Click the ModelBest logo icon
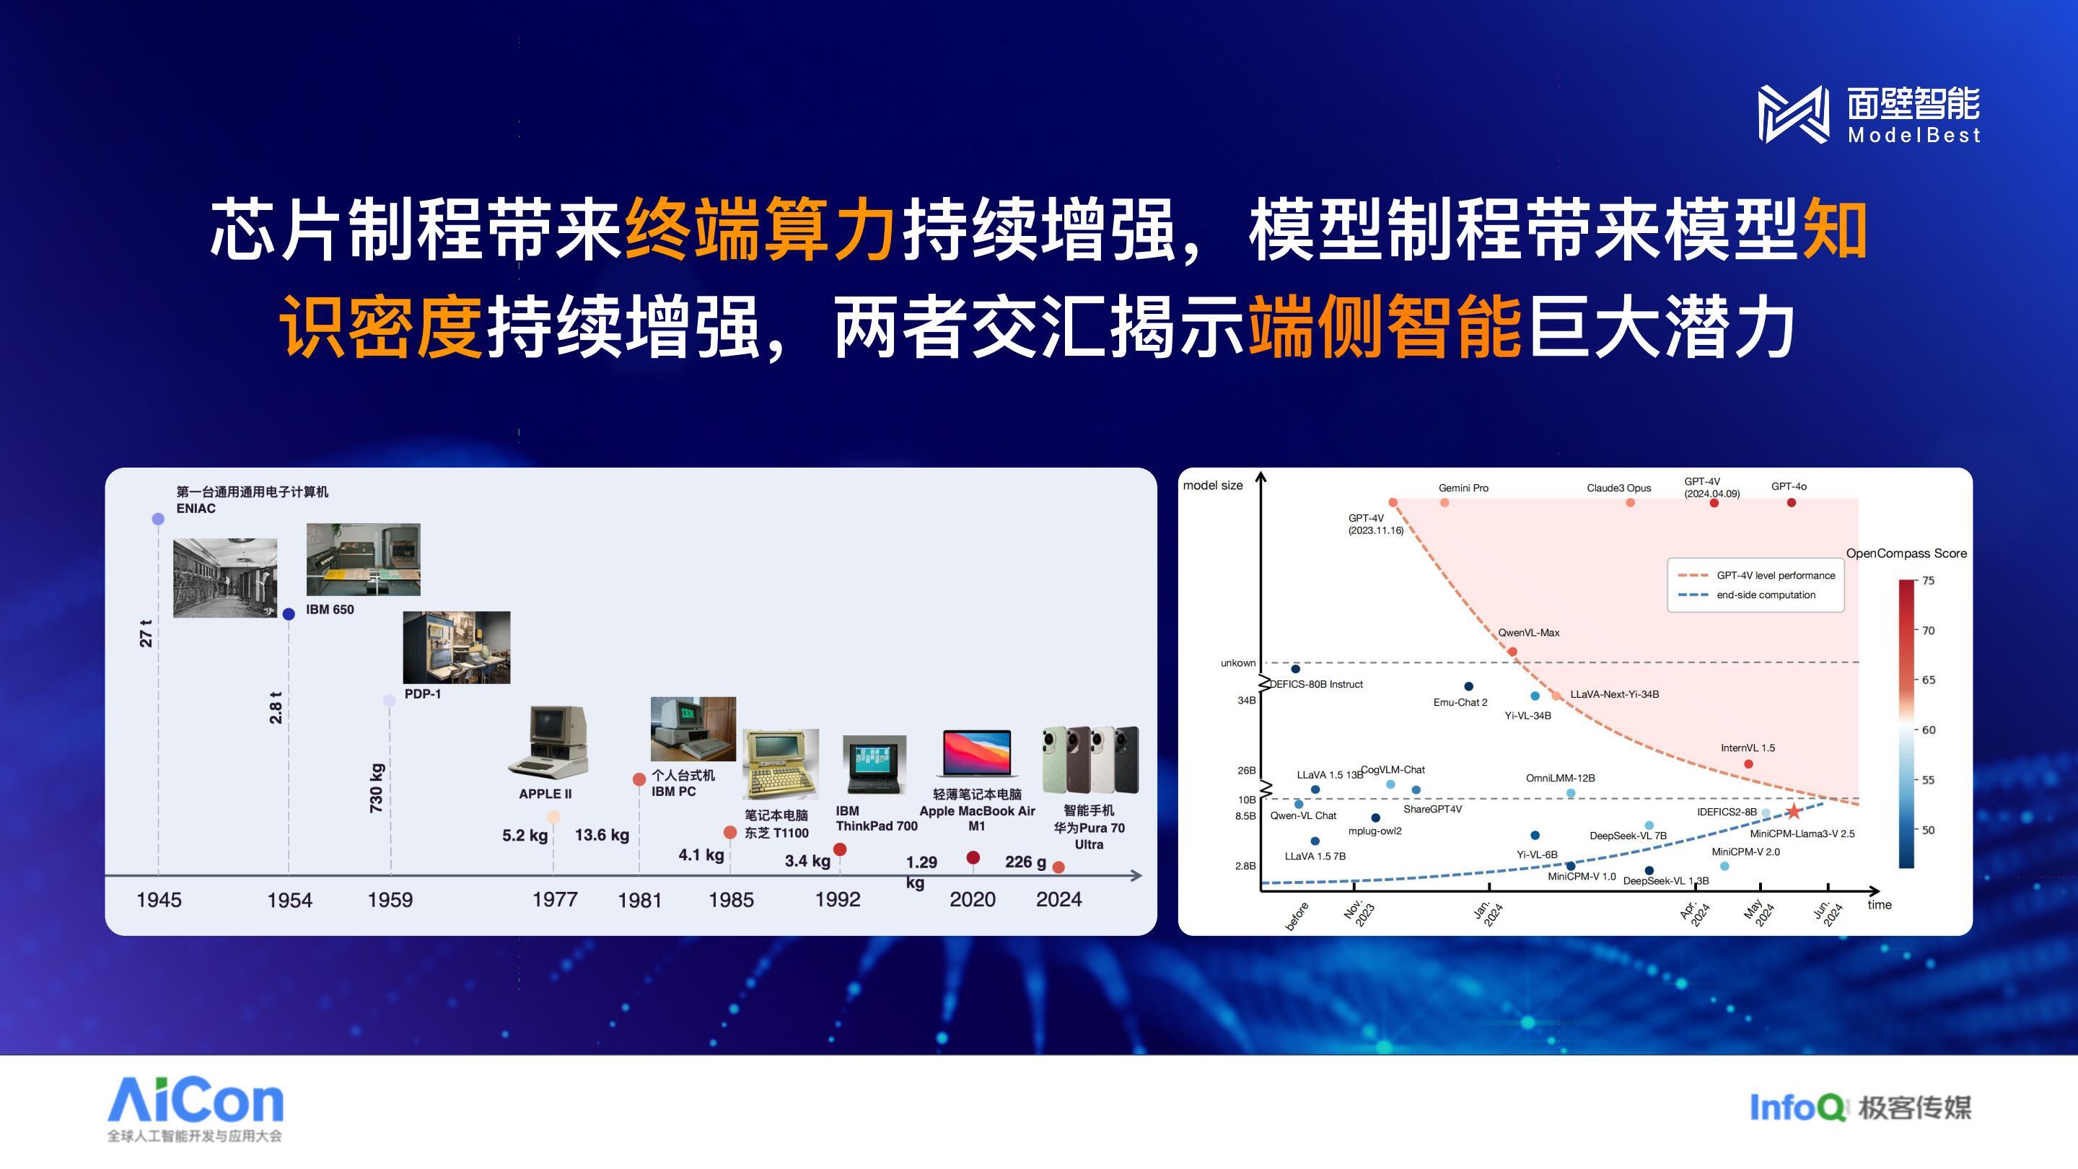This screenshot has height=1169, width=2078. pyautogui.click(x=1793, y=115)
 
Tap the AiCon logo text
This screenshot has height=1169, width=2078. pyautogui.click(x=196, y=1100)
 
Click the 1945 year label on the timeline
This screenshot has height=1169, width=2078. pyautogui.click(x=159, y=900)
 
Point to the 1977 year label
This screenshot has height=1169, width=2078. pyautogui.click(x=555, y=900)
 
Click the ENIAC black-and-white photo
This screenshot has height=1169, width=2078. pyautogui.click(x=225, y=577)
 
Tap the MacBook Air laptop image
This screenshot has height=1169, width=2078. pyautogui.click(x=977, y=753)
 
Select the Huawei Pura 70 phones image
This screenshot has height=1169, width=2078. pyautogui.click(x=1091, y=759)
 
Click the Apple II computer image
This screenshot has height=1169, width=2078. pyautogui.click(x=548, y=741)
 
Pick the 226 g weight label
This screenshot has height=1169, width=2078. pyautogui.click(x=1025, y=862)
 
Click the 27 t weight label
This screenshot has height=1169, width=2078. pyautogui.click(x=145, y=634)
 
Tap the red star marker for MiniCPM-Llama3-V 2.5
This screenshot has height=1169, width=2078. pyautogui.click(x=1793, y=812)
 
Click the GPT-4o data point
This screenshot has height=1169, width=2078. pyautogui.click(x=1792, y=503)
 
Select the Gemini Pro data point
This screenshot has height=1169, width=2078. pyautogui.click(x=1444, y=503)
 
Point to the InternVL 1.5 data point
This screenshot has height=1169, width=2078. pyautogui.click(x=1749, y=764)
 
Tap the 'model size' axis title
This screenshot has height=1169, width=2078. pyautogui.click(x=1212, y=485)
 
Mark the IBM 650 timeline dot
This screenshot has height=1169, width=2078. pyautogui.click(x=289, y=614)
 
